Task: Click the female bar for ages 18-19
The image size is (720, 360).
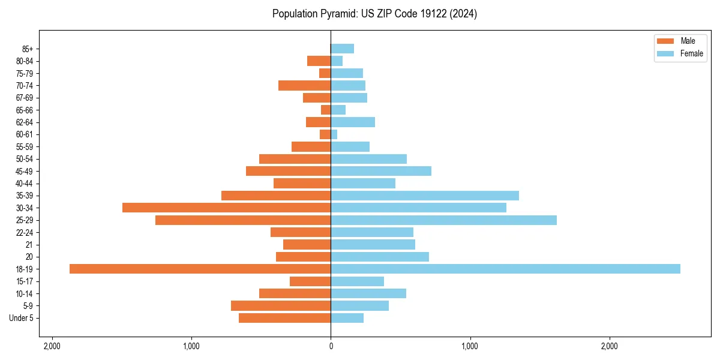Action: click(505, 269)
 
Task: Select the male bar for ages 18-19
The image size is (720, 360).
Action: click(200, 269)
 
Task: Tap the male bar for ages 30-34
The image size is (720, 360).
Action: click(226, 208)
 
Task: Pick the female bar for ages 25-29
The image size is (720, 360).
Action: click(443, 220)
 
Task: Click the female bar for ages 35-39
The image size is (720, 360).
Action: click(425, 196)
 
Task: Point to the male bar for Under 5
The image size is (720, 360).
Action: click(284, 318)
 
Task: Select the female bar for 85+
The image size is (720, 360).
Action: click(342, 49)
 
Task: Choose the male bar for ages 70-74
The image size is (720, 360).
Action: click(304, 85)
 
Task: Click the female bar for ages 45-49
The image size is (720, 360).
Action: click(381, 171)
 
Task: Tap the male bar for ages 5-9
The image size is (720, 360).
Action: click(281, 305)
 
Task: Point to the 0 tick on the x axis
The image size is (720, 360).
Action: click(331, 346)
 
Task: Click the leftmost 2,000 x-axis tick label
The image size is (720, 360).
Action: click(52, 346)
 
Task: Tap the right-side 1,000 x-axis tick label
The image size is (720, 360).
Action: click(470, 346)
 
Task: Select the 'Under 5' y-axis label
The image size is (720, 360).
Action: click(22, 318)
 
